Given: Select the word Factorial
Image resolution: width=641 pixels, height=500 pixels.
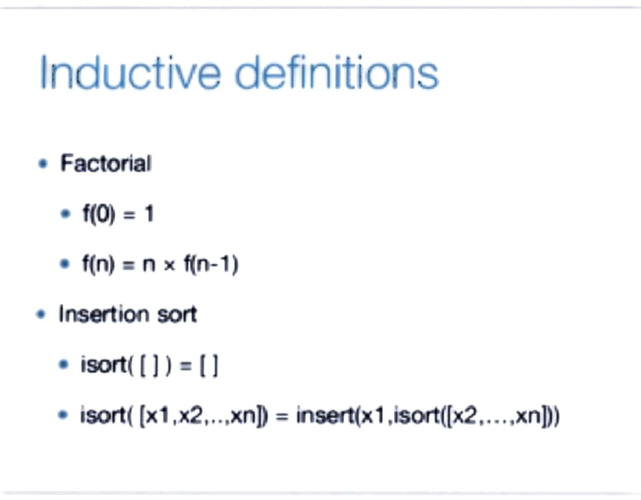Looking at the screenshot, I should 106,163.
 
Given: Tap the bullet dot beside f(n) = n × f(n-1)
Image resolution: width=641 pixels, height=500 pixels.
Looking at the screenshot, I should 65,265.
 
